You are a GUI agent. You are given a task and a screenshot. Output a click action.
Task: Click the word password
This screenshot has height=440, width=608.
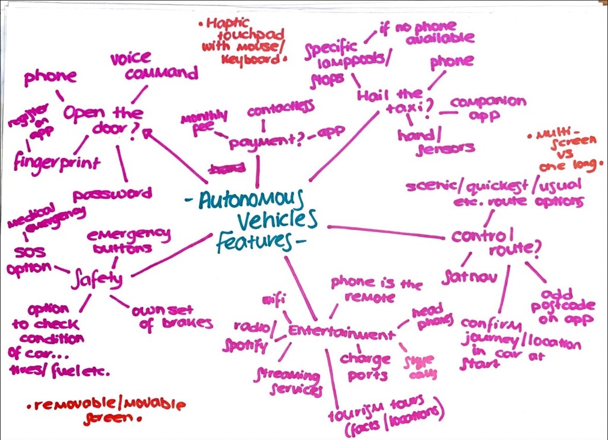(x=113, y=194)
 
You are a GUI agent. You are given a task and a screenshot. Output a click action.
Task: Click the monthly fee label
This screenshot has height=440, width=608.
(x=202, y=121)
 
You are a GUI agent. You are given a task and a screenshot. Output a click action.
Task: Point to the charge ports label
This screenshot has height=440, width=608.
(x=365, y=366)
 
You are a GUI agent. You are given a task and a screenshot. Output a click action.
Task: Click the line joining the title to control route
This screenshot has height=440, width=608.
(x=386, y=232)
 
